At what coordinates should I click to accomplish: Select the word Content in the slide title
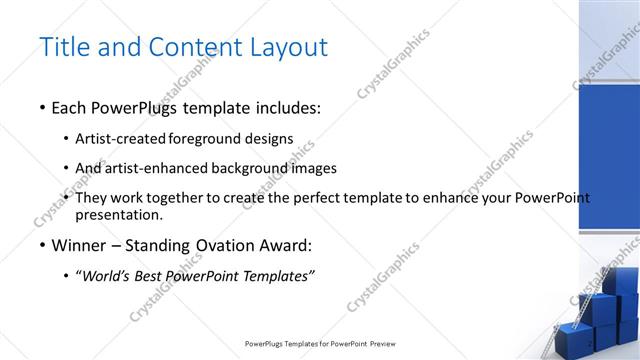(x=191, y=47)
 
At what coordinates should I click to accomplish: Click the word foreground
(x=206, y=139)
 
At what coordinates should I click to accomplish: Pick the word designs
(x=268, y=139)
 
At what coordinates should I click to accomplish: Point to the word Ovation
(x=220, y=245)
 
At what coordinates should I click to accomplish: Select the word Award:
(x=284, y=245)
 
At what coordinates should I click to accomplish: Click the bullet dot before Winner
(x=41, y=245)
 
